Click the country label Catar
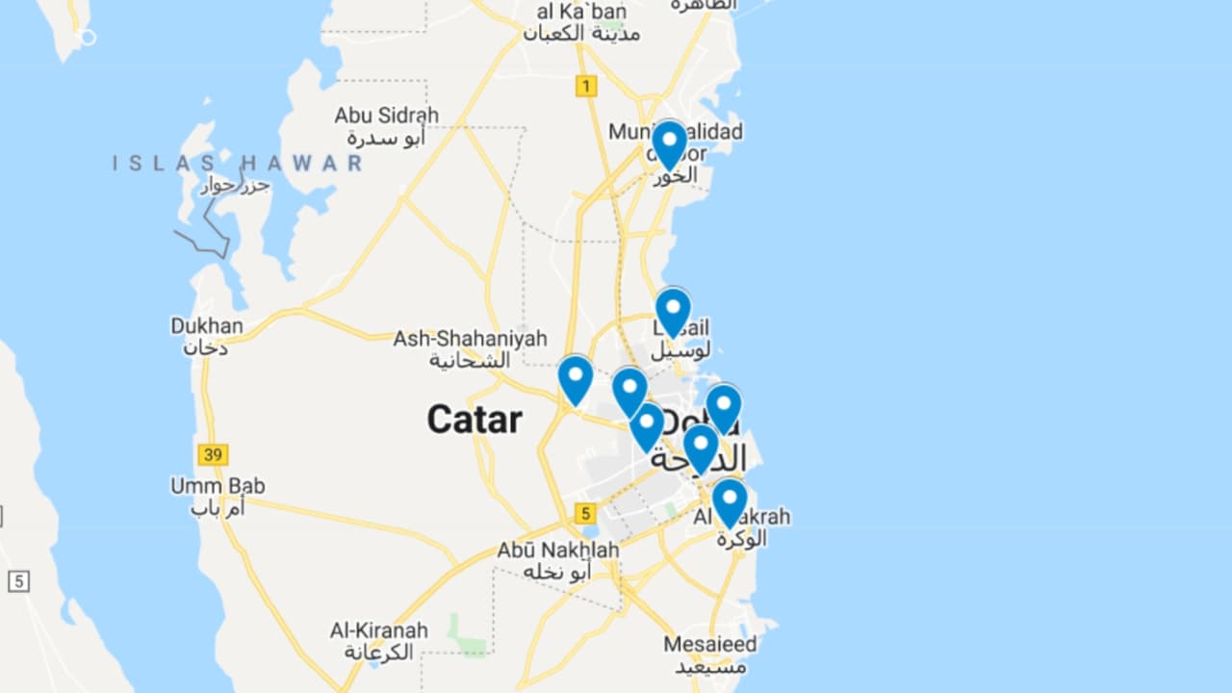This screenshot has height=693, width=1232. (475, 420)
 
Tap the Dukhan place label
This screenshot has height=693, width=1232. (207, 326)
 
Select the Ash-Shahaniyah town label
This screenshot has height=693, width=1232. (470, 339)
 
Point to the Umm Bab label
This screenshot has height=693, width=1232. (218, 486)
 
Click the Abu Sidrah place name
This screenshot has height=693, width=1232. (386, 115)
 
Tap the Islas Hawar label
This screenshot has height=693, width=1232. (238, 163)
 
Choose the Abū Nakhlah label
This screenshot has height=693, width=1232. (558, 551)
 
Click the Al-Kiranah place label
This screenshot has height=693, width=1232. (378, 630)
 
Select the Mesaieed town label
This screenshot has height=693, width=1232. (710, 644)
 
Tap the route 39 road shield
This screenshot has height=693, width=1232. (213, 454)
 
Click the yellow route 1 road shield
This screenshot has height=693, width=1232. (585, 86)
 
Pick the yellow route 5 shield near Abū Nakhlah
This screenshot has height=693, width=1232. (588, 513)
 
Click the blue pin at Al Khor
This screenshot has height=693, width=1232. (669, 144)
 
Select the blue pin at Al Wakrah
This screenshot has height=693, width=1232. (730, 501)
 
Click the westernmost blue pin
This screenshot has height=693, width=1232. (576, 379)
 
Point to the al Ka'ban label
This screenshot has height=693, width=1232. (581, 13)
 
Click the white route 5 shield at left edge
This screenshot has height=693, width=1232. (18, 581)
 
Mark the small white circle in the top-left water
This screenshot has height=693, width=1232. (88, 38)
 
